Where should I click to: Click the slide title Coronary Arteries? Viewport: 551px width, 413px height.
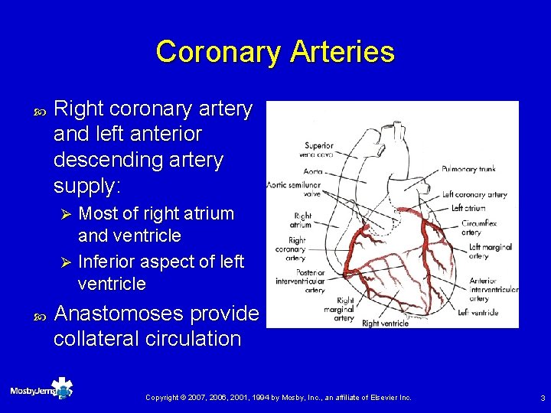coord(275,52)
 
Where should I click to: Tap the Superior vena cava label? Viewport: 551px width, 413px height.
coord(318,149)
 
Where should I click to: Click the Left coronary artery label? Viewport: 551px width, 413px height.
coord(474,195)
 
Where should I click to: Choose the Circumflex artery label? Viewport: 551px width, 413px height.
coord(480,229)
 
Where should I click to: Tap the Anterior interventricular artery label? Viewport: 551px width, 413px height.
coord(493,285)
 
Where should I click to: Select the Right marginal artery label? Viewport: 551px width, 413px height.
coord(343,309)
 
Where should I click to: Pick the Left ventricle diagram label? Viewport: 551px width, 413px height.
coord(478,312)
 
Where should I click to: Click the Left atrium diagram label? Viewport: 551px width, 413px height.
coord(468,208)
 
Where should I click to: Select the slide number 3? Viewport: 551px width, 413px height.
coord(542,398)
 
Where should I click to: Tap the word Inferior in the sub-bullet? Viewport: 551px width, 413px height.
coord(108,262)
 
